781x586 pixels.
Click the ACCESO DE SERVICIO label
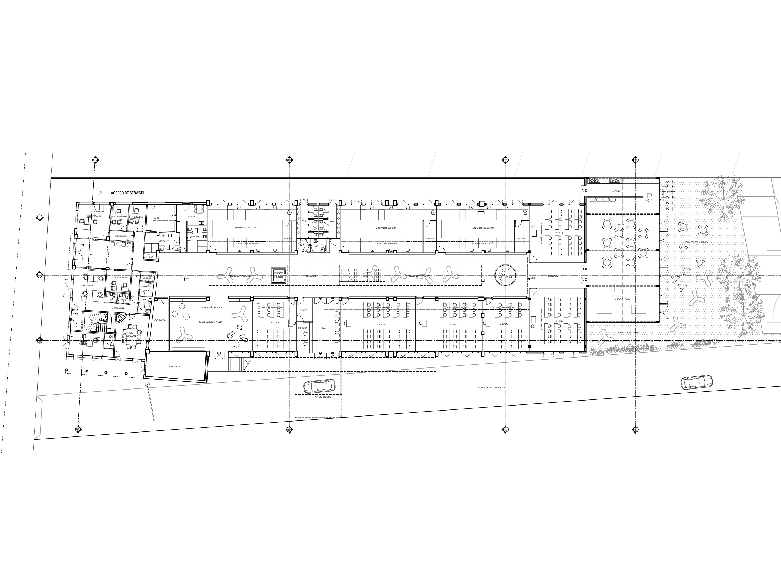[x=127, y=193]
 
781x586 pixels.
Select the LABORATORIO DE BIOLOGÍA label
[x=247, y=228]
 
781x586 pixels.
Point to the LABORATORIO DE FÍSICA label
[x=386, y=228]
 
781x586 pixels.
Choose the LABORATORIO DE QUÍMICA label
[x=482, y=228]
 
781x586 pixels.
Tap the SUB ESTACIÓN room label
[x=174, y=367]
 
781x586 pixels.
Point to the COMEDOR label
[x=620, y=225]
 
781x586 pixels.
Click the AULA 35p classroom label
[x=381, y=324]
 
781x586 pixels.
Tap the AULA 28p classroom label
[x=453, y=324]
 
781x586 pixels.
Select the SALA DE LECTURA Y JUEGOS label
[x=210, y=322]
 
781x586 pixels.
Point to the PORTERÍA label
[x=303, y=328]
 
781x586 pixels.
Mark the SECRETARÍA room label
[x=88, y=285]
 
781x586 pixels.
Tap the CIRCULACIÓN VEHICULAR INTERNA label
[x=491, y=387]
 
